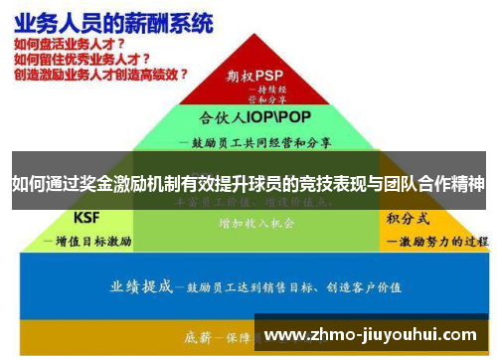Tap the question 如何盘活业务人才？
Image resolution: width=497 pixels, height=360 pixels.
click(x=70, y=44)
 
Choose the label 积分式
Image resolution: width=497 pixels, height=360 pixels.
click(x=407, y=217)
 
